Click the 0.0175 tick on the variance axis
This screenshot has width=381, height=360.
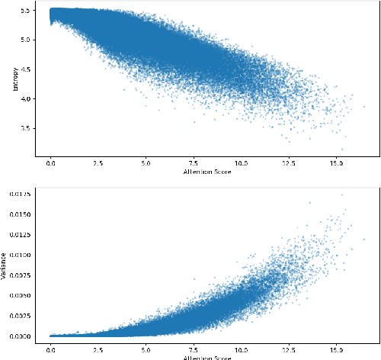(x=20, y=194)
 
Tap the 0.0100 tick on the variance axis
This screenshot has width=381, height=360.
(x=20, y=255)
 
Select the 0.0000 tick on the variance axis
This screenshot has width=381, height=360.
(x=20, y=336)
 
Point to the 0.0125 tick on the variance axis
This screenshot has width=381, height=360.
(x=20, y=235)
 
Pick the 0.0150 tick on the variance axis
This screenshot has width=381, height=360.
(x=20, y=214)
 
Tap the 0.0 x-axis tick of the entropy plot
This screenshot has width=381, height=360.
(x=50, y=163)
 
